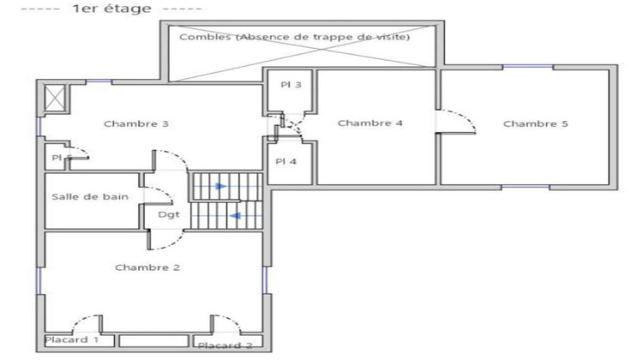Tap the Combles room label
pyautogui.click(x=294, y=38)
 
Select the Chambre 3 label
pyautogui.click(x=135, y=123)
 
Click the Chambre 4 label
pyautogui.click(x=370, y=123)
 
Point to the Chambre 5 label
pyautogui.click(x=535, y=124)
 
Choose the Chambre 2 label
pyautogui.click(x=147, y=267)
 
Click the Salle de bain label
pyautogui.click(x=90, y=196)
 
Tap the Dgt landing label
pyautogui.click(x=169, y=214)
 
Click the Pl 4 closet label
pyautogui.click(x=285, y=161)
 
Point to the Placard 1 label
pyautogui.click(x=72, y=340)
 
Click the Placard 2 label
pyautogui.click(x=225, y=345)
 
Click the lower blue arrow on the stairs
pyautogui.click(x=235, y=216)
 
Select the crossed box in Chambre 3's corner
pyautogui.click(x=54, y=98)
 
